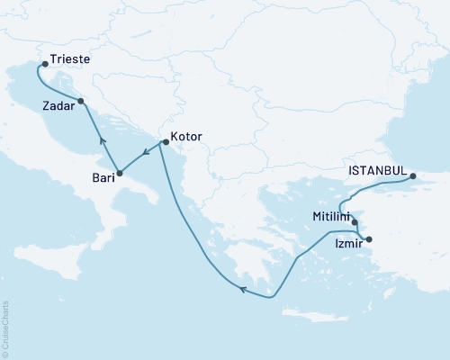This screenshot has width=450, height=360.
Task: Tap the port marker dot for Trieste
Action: (43, 65)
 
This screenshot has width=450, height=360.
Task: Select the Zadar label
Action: (58, 105)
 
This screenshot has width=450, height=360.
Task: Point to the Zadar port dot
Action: (82, 101)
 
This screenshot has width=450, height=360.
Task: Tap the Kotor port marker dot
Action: (161, 142)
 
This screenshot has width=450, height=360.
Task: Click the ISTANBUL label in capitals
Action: (375, 167)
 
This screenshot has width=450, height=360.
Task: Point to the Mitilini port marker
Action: (355, 223)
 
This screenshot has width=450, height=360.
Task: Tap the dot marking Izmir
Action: (367, 239)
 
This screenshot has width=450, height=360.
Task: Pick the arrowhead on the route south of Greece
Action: (241, 289)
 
